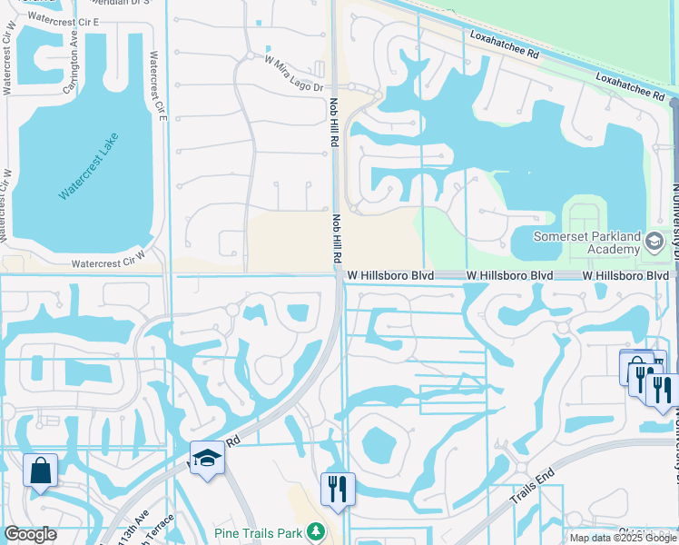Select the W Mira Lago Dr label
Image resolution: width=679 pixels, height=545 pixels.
pos(294,74)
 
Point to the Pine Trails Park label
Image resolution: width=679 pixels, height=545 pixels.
pos(259,531)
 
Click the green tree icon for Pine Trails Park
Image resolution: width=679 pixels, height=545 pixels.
pos(314,530)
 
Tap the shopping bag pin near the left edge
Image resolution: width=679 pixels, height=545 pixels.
pos(40,471)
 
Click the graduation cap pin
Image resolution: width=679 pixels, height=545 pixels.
pos(207,459)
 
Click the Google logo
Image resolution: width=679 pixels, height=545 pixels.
pos(30,534)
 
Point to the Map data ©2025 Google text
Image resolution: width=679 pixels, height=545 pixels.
pos(623,538)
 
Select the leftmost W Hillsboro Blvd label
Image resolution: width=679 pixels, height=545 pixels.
pos(389,274)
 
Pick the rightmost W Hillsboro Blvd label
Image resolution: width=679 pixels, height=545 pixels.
pos(625,274)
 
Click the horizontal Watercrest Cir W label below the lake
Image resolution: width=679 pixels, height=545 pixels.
pos(108,263)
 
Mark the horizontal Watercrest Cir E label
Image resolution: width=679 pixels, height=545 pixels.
pos(64,18)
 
